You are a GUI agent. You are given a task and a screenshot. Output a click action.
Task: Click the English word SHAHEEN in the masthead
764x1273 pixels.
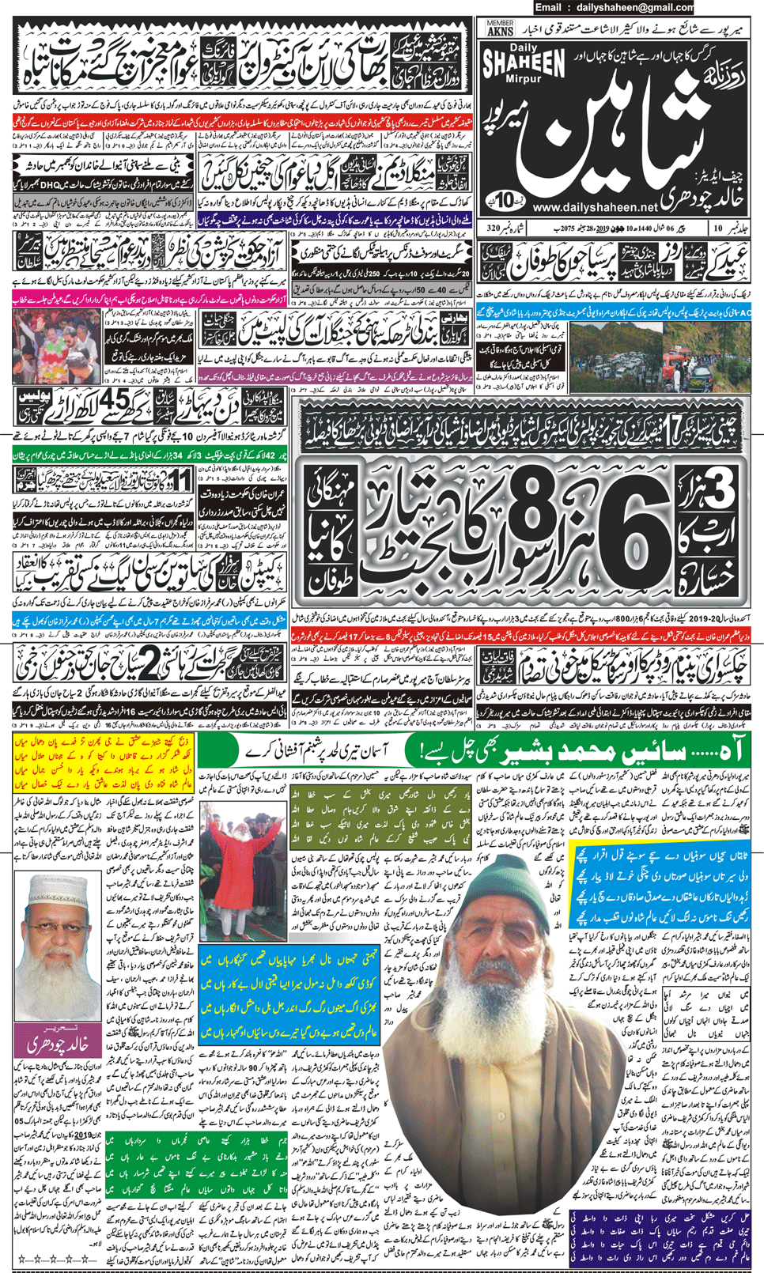524,63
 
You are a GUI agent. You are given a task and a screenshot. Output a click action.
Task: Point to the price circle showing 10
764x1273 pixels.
502,197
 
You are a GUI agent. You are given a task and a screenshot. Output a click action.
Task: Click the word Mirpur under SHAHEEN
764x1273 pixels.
524,80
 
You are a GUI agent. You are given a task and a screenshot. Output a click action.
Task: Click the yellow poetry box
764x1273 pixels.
103,763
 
